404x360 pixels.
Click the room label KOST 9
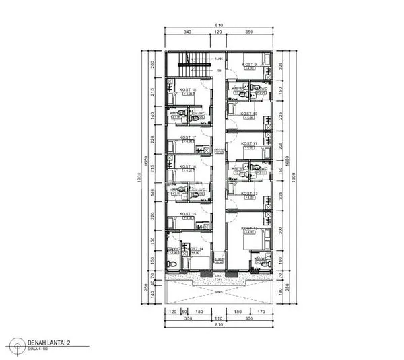click(x=250, y=64)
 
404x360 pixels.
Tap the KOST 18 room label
click(x=188, y=89)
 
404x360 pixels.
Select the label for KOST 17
click(x=188, y=137)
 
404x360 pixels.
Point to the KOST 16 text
click(x=188, y=166)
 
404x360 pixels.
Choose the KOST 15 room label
click(x=188, y=213)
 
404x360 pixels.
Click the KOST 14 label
click(x=196, y=248)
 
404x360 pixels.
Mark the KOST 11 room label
click(x=249, y=143)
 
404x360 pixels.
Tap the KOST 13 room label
click(x=250, y=229)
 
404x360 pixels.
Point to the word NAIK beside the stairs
click(x=218, y=59)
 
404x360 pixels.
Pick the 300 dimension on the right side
click(x=280, y=229)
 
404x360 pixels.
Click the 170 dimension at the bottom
click(x=262, y=312)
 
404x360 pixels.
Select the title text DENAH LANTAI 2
click(x=48, y=342)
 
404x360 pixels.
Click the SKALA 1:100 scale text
click(x=39, y=349)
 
